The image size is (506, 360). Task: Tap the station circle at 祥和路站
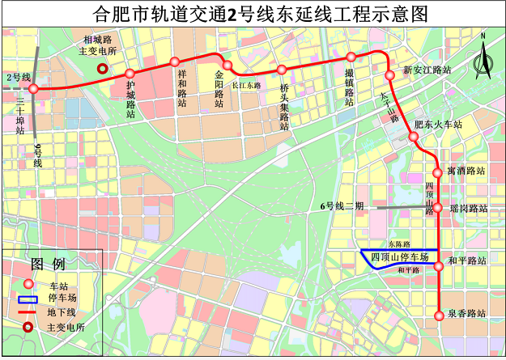point(174,62)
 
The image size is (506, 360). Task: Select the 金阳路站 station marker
point(227,66)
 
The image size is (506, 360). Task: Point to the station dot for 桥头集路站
point(282,70)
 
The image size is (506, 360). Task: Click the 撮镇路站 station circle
point(351,57)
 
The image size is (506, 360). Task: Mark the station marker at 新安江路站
point(390,74)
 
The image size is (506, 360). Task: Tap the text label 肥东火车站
point(437,125)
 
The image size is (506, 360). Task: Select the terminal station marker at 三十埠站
point(32,87)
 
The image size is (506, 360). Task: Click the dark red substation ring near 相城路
point(101,69)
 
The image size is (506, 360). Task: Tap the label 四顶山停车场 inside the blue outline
point(399,257)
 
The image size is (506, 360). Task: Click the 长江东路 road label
point(247,84)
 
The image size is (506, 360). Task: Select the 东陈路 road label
point(399,244)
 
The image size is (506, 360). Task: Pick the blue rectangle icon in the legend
point(28,298)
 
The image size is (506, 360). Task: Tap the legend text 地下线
point(61,312)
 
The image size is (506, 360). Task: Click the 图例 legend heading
point(48,265)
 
